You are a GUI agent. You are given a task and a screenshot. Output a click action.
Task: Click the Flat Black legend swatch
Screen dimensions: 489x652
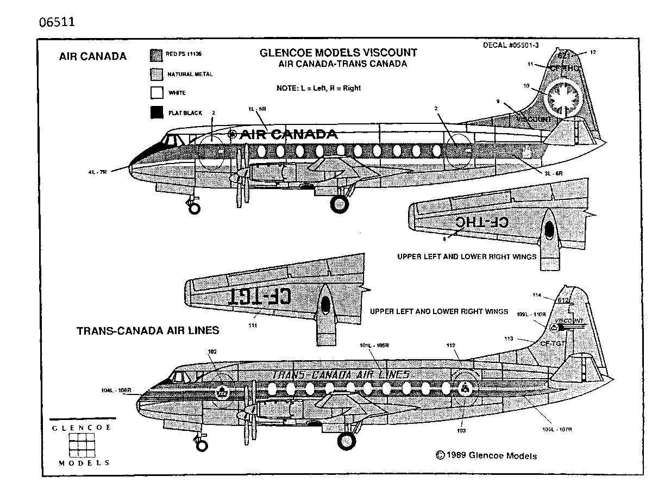[156, 112]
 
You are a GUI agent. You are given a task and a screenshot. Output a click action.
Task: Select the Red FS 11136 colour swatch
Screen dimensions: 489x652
[156, 54]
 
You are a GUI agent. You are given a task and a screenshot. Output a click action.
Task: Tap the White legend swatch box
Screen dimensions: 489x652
[156, 93]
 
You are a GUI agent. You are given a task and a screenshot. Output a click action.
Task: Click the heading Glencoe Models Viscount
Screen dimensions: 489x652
[338, 53]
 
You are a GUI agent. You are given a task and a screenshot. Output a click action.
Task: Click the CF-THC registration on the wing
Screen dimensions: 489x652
[481, 222]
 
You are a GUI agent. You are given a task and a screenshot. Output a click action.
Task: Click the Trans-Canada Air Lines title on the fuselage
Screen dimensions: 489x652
[340, 375]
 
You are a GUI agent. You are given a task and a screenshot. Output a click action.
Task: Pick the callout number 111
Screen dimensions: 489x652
[253, 325]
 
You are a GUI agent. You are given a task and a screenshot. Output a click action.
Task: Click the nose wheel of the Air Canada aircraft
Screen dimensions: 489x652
[194, 208]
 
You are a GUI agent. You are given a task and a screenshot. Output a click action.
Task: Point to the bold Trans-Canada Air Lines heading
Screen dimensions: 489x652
[148, 330]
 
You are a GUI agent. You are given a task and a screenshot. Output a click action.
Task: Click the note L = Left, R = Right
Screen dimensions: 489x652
[318, 87]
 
